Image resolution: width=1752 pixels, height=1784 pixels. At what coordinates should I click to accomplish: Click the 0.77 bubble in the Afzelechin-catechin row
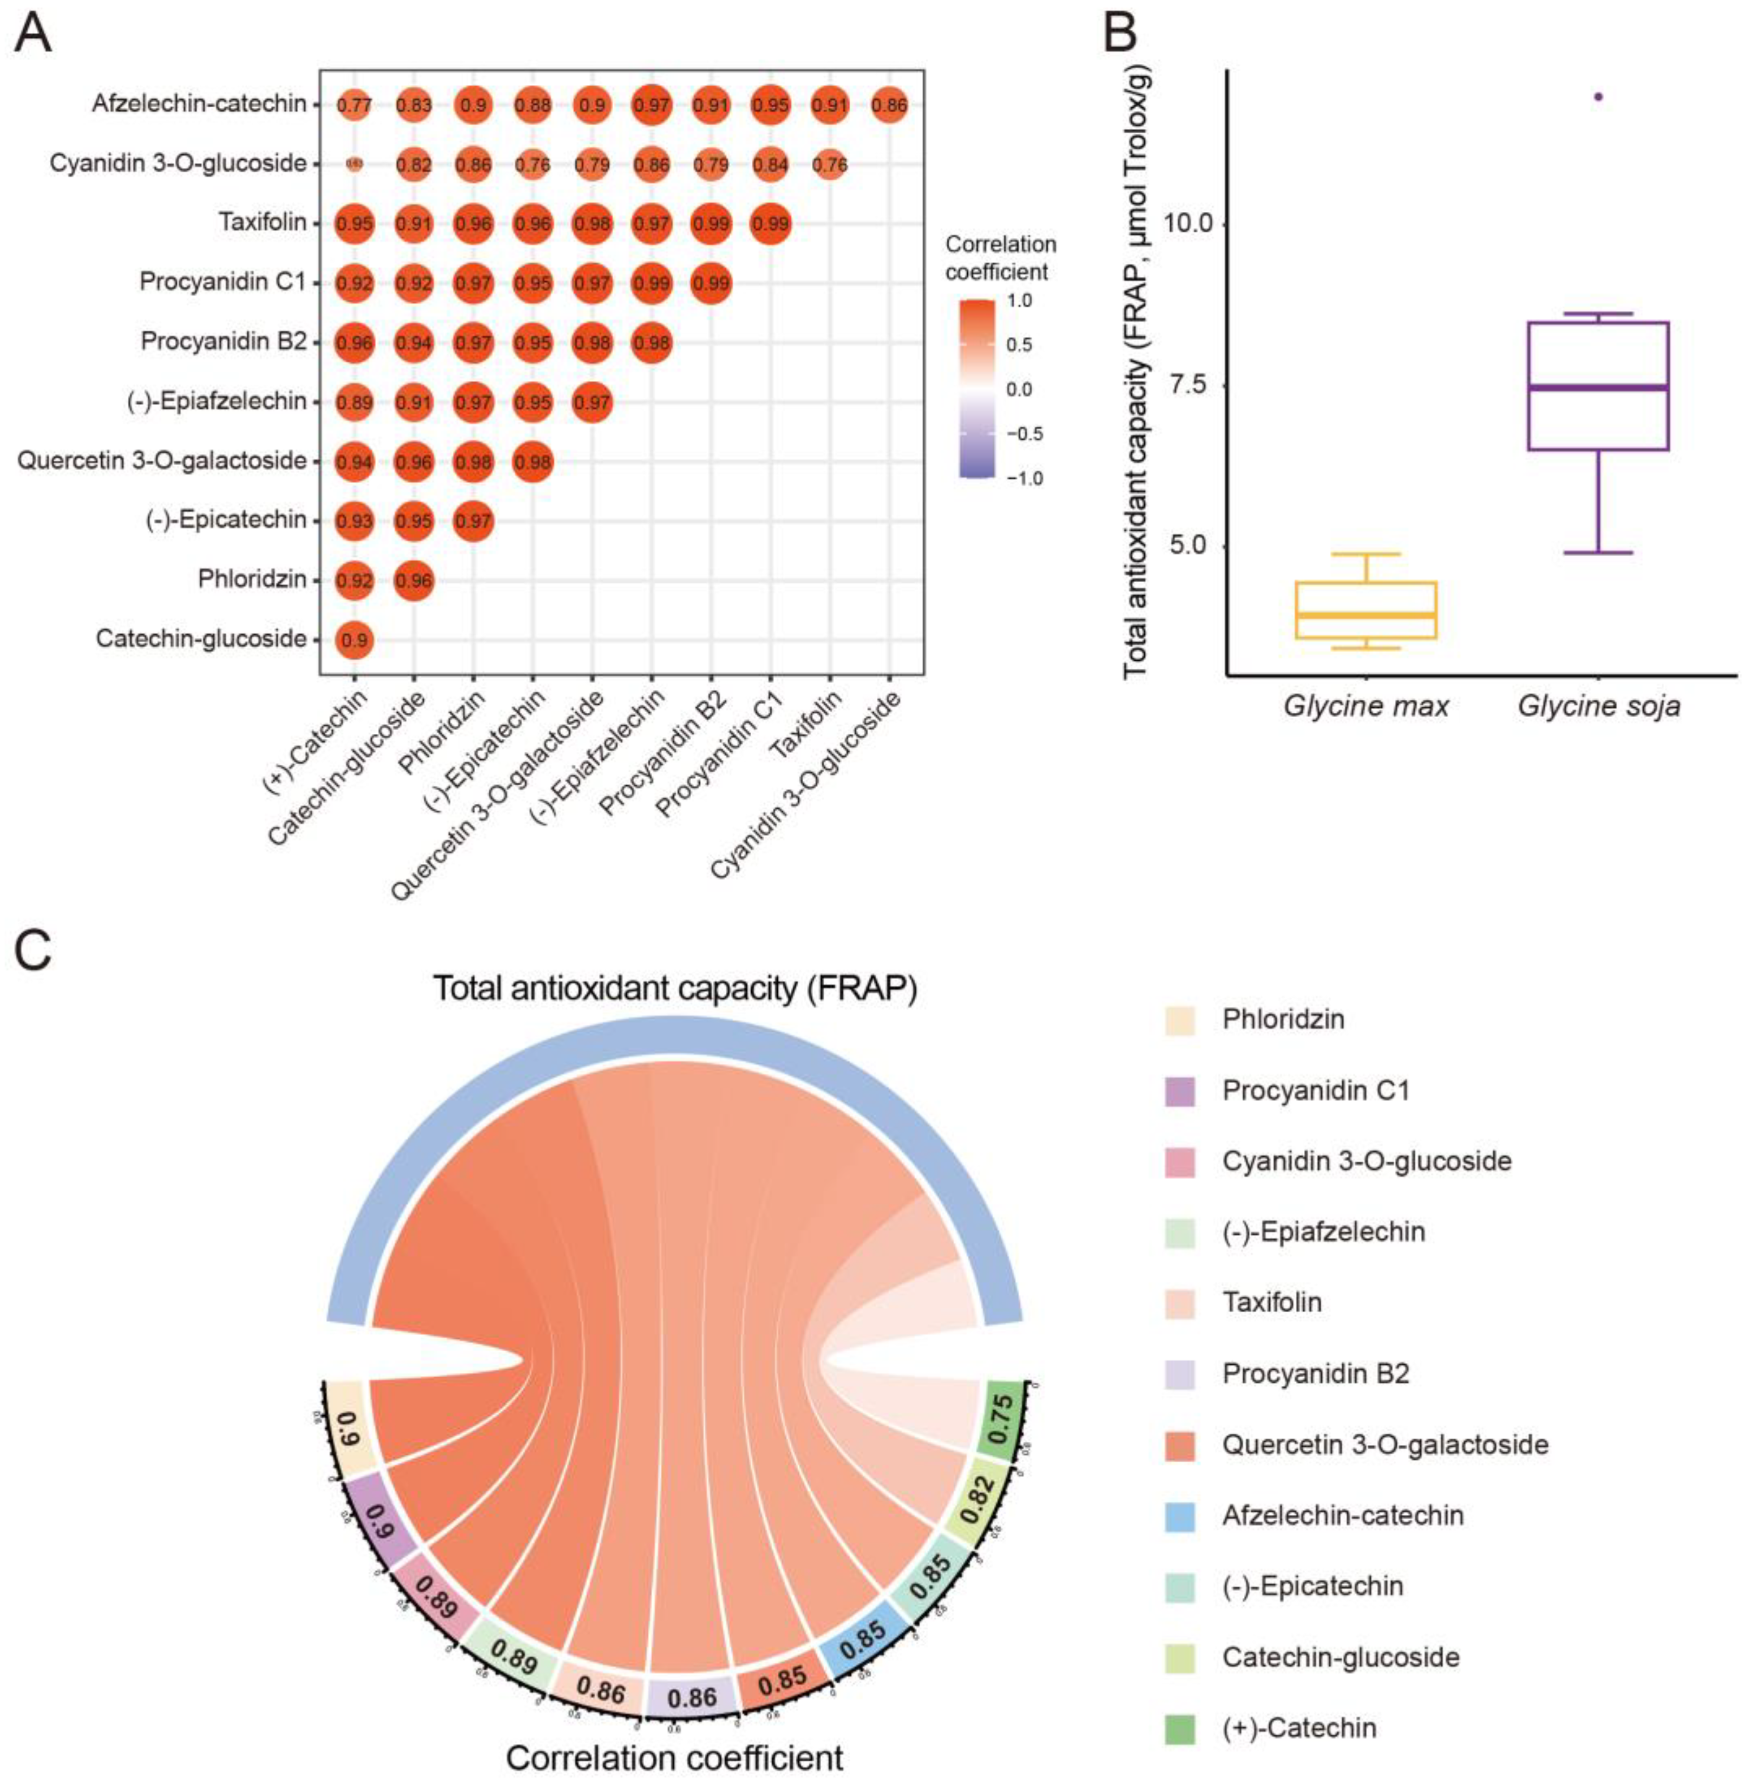tap(355, 105)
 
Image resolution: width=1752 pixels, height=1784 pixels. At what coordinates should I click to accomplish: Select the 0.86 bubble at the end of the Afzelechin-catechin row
tap(889, 105)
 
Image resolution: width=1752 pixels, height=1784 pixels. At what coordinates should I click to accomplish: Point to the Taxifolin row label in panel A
tap(263, 222)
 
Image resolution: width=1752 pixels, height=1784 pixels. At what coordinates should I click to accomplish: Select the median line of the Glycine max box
tap(1366, 614)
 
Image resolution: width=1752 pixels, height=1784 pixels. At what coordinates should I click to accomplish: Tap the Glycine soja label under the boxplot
tap(1598, 706)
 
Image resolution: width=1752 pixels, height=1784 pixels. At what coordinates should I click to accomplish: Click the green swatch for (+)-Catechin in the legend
tap(1180, 1728)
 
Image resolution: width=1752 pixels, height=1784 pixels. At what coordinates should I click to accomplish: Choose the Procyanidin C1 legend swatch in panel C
tap(1180, 1091)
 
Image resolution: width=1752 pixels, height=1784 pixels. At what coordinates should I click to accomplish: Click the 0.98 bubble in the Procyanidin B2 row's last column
tap(652, 342)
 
